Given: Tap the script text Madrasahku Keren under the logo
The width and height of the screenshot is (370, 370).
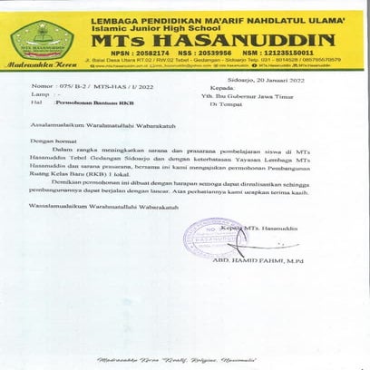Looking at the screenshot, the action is click(41, 66).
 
